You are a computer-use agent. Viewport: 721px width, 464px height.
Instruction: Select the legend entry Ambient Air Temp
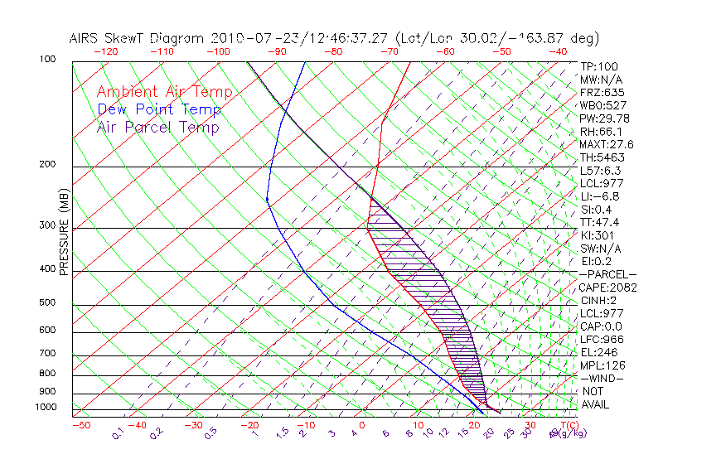(164, 92)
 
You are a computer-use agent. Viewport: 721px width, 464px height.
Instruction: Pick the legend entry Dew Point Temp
(159, 109)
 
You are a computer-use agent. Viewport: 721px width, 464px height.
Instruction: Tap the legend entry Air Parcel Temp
(157, 127)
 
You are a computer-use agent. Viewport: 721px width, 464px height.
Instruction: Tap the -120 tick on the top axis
(105, 51)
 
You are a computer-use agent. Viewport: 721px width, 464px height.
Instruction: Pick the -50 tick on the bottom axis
(80, 425)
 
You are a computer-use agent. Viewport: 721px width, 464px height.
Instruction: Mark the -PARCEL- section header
(608, 274)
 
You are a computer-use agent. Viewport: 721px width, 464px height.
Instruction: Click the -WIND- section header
(602, 378)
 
